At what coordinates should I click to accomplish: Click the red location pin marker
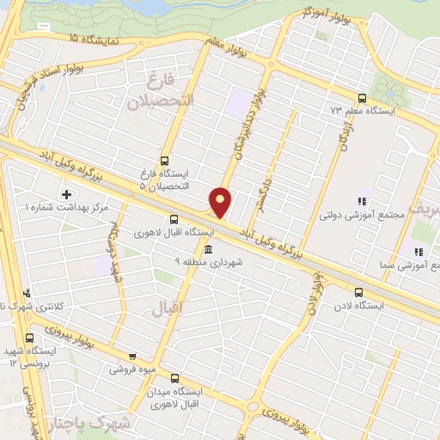coord(221,201)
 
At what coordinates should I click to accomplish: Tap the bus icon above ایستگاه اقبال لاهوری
coord(174,219)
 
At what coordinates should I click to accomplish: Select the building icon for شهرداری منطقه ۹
coord(209,249)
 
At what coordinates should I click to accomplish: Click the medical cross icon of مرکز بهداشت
coord(65,194)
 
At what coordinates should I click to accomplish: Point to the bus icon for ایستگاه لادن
coord(358,292)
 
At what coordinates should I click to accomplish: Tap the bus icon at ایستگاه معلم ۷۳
coord(361,98)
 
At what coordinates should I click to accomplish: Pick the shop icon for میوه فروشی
coord(131,357)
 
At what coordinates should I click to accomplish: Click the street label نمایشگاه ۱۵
coord(96,40)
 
